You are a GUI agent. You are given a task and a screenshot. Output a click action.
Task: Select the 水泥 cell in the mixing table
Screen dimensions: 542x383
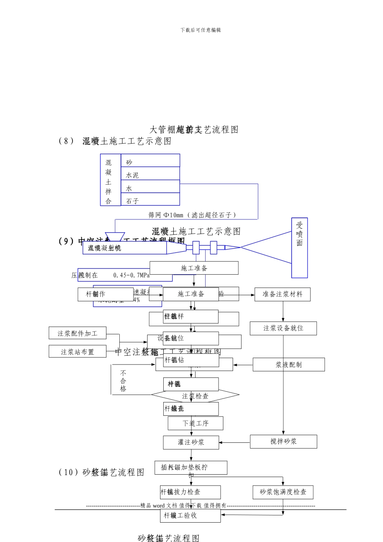(150, 174)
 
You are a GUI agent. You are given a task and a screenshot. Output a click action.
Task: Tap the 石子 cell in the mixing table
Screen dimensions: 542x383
(150, 200)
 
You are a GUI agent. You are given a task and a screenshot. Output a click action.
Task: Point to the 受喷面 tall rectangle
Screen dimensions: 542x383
(299, 248)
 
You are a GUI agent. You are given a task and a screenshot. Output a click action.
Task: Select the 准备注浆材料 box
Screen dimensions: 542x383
(282, 294)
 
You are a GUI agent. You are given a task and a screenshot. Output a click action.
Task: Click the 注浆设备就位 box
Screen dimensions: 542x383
(283, 328)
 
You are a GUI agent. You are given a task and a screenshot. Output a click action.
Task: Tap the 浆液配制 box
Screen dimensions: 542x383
(288, 365)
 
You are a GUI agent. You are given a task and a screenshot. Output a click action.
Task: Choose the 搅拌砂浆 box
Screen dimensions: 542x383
(283, 442)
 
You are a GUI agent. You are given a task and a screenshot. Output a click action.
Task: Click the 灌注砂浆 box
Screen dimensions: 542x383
(191, 442)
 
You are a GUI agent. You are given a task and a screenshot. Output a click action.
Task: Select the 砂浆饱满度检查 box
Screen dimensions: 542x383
(283, 492)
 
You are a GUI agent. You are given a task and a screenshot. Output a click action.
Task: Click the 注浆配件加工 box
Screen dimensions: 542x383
(77, 333)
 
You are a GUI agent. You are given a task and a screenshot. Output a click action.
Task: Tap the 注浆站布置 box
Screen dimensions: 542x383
(77, 352)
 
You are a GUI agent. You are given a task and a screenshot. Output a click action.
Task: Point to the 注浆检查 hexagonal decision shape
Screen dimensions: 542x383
(195, 396)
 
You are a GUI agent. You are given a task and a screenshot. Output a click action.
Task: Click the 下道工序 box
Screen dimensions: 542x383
(195, 423)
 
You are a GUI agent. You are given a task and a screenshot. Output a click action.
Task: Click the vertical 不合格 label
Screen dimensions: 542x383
(123, 381)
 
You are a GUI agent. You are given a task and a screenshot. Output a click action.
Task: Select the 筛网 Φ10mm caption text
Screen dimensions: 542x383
(192, 215)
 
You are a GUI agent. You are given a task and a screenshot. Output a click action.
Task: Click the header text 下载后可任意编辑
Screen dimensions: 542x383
(200, 30)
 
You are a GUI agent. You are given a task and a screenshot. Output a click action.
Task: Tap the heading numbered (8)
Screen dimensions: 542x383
(115, 141)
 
